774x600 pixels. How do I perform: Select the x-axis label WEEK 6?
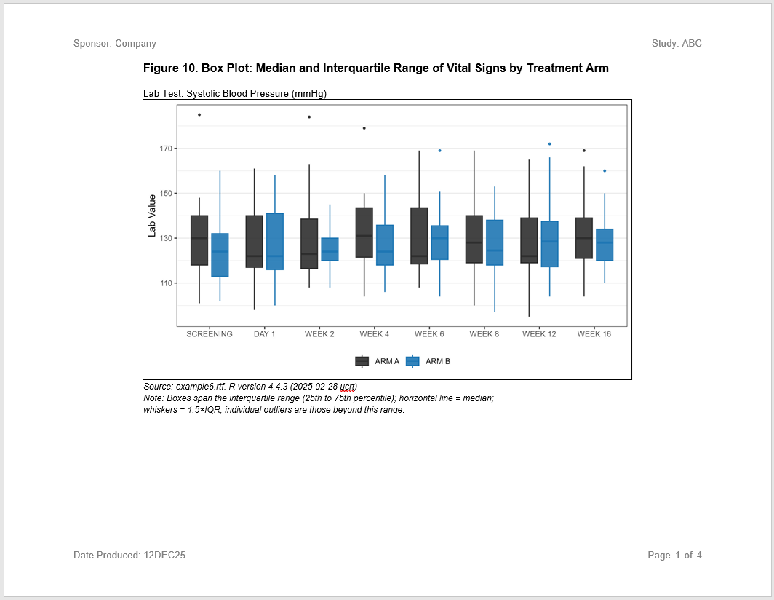(x=429, y=334)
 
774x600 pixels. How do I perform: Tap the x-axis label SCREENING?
(x=210, y=334)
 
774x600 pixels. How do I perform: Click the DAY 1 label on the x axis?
(x=264, y=334)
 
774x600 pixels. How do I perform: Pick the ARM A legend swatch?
(x=362, y=361)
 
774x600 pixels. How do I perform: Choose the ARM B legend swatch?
(x=412, y=361)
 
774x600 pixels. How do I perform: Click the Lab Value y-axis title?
(x=153, y=216)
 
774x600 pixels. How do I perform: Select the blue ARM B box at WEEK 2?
(x=330, y=250)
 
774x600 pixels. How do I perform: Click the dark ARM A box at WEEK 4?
(x=364, y=232)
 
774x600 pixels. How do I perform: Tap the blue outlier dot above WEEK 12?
(x=549, y=144)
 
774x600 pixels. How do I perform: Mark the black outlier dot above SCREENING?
(x=199, y=114)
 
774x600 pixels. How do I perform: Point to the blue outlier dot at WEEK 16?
(x=605, y=171)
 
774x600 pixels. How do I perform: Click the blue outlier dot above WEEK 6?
(x=439, y=151)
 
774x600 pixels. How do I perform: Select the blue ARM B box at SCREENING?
(x=220, y=255)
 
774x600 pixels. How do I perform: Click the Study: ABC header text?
(x=677, y=44)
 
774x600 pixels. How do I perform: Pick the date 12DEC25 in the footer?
(x=164, y=556)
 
